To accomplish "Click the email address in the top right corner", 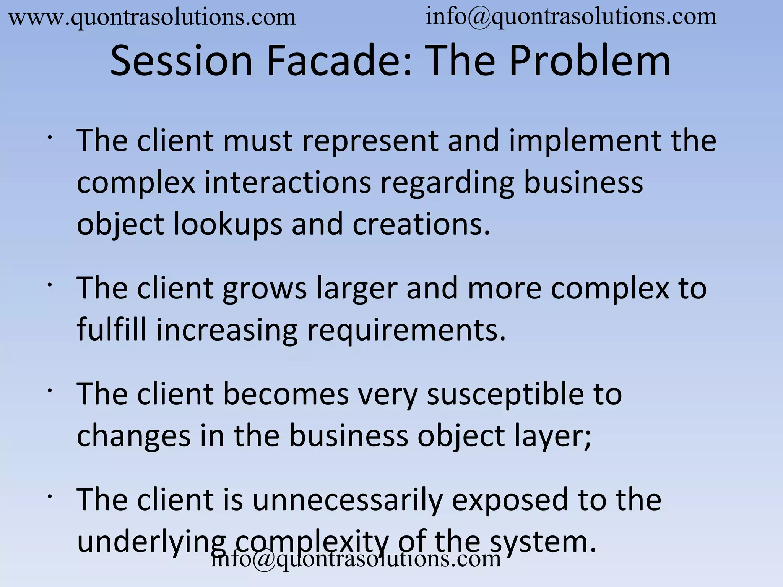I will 571,17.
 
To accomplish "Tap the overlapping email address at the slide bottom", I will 356,559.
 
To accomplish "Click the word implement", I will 585,141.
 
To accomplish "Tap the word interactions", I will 288,182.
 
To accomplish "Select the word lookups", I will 228,224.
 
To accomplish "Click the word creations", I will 421,224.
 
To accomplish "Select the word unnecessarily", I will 347,500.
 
